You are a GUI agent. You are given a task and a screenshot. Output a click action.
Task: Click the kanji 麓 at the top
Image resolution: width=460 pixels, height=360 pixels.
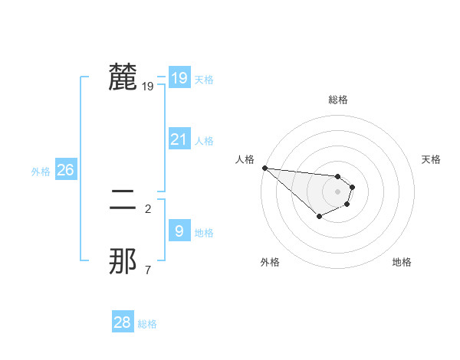pyautogui.click(x=123, y=77)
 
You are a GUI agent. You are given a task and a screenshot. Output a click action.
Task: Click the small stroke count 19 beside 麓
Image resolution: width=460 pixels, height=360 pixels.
pyautogui.click(x=148, y=87)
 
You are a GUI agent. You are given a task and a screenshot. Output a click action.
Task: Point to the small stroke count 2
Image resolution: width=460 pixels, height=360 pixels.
pyautogui.click(x=148, y=208)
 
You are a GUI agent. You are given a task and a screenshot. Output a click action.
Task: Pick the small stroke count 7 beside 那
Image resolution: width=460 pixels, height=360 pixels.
pyautogui.click(x=148, y=269)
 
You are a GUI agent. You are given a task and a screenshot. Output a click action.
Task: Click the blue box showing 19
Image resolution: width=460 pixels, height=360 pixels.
pyautogui.click(x=179, y=78)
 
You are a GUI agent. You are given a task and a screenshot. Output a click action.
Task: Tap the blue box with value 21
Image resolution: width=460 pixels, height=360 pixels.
pyautogui.click(x=179, y=139)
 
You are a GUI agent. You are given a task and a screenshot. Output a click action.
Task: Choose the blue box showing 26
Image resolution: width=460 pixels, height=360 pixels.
pyautogui.click(x=65, y=170)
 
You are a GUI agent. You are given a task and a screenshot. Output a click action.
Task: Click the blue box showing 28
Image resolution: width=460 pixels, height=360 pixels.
pyautogui.click(x=122, y=322)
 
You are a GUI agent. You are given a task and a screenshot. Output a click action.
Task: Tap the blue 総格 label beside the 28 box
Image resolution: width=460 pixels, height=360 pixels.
pyautogui.click(x=147, y=324)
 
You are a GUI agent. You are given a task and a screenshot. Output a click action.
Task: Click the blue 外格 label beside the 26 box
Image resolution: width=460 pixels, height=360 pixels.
pyautogui.click(x=41, y=172)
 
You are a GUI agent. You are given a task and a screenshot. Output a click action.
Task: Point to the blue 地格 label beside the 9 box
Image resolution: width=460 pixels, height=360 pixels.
pyautogui.click(x=204, y=233)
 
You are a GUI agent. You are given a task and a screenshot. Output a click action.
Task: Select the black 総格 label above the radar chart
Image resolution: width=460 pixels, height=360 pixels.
pyautogui.click(x=338, y=100)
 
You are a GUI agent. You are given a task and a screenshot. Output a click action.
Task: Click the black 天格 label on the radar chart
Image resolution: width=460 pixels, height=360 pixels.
pyautogui.click(x=432, y=159)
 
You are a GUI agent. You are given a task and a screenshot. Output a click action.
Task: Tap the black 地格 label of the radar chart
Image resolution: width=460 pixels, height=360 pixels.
pyautogui.click(x=402, y=263)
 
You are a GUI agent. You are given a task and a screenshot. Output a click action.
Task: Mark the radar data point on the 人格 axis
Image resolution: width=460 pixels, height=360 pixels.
pyautogui.click(x=264, y=168)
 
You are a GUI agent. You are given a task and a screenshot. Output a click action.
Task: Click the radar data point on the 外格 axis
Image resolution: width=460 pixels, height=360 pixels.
pyautogui.click(x=319, y=218)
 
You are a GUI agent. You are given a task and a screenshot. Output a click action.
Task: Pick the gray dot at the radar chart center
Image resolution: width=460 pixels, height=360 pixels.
pyautogui.click(x=337, y=191)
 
